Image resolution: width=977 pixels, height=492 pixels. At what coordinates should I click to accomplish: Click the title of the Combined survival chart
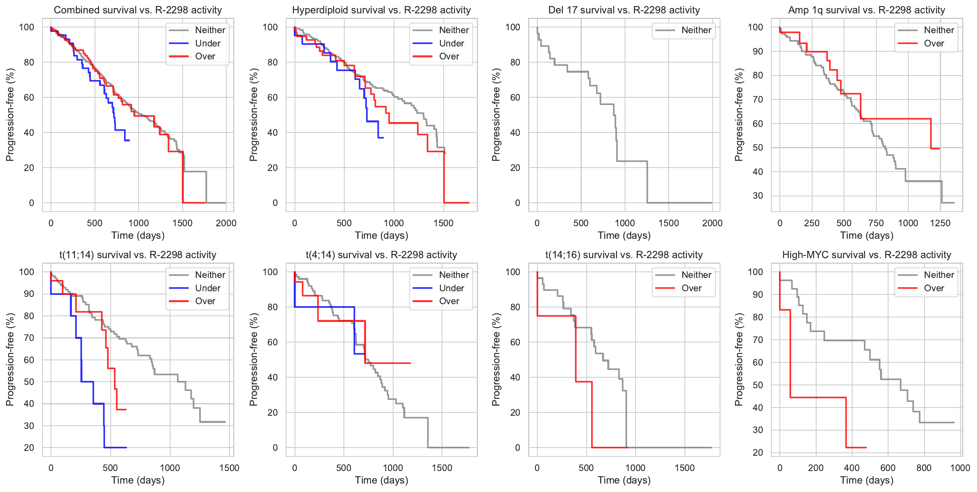point(138,10)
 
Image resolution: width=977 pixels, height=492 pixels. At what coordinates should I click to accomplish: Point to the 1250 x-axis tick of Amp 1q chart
point(940,223)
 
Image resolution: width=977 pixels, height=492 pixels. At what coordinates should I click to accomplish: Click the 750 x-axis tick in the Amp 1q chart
point(876,223)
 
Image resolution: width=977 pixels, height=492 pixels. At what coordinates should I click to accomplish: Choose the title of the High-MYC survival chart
point(867,255)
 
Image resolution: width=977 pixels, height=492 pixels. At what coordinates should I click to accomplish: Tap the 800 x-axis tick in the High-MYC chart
point(924,468)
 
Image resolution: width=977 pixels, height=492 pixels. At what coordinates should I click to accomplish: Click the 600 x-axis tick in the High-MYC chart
point(888,468)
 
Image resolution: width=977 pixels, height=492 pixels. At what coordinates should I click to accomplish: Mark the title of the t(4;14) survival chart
point(381,255)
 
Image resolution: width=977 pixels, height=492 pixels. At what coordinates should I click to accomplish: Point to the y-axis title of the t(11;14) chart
point(10,360)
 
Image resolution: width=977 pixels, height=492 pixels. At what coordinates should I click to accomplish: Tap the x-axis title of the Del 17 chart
point(624,235)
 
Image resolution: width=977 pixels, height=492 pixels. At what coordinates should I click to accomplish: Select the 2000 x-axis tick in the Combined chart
point(226,223)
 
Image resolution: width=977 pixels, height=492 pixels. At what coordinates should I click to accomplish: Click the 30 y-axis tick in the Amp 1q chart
point(758,196)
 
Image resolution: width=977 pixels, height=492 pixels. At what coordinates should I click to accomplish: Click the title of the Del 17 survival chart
point(624,10)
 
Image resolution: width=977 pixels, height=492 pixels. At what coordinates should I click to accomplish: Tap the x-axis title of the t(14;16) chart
point(624,480)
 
